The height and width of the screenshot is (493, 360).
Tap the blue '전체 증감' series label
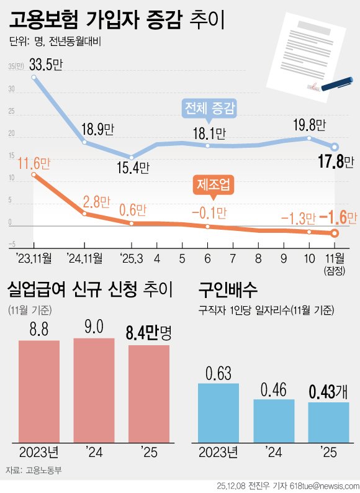210,109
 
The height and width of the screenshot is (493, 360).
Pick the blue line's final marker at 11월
335,147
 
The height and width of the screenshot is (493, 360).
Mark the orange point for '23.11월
34,175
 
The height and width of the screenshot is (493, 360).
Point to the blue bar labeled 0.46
274,421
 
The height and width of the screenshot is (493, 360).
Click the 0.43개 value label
328,393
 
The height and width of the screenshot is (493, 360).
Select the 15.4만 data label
133,168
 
